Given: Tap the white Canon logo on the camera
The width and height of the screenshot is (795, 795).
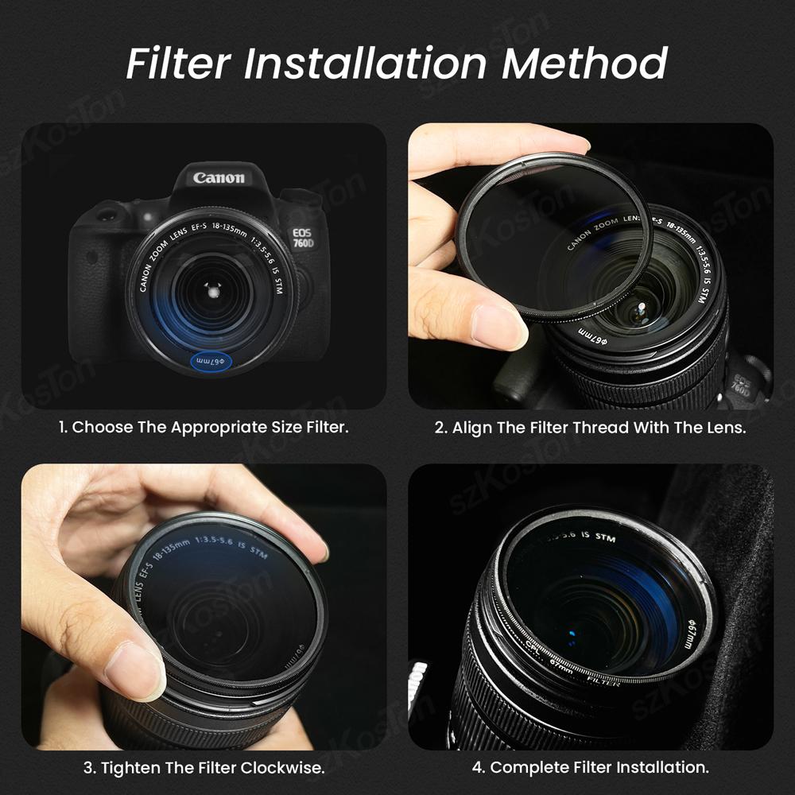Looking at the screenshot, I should (x=219, y=177).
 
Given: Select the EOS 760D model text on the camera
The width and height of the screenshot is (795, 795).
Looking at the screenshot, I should (x=303, y=235).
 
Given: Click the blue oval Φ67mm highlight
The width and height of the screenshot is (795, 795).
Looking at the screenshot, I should (x=208, y=361).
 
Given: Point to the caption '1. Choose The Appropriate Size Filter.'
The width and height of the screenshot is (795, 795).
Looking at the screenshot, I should (x=204, y=427).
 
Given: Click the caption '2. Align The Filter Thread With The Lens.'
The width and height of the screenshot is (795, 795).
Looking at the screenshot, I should (x=591, y=427).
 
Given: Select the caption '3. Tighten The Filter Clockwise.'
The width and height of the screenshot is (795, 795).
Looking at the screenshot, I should (x=204, y=768).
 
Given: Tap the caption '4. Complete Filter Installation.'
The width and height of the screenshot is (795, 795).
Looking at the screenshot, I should (x=591, y=768).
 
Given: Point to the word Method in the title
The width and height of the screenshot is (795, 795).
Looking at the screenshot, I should (x=584, y=64).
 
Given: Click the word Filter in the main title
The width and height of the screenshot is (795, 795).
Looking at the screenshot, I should (x=180, y=64).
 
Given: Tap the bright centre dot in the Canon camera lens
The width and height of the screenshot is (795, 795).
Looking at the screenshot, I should (x=212, y=290).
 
